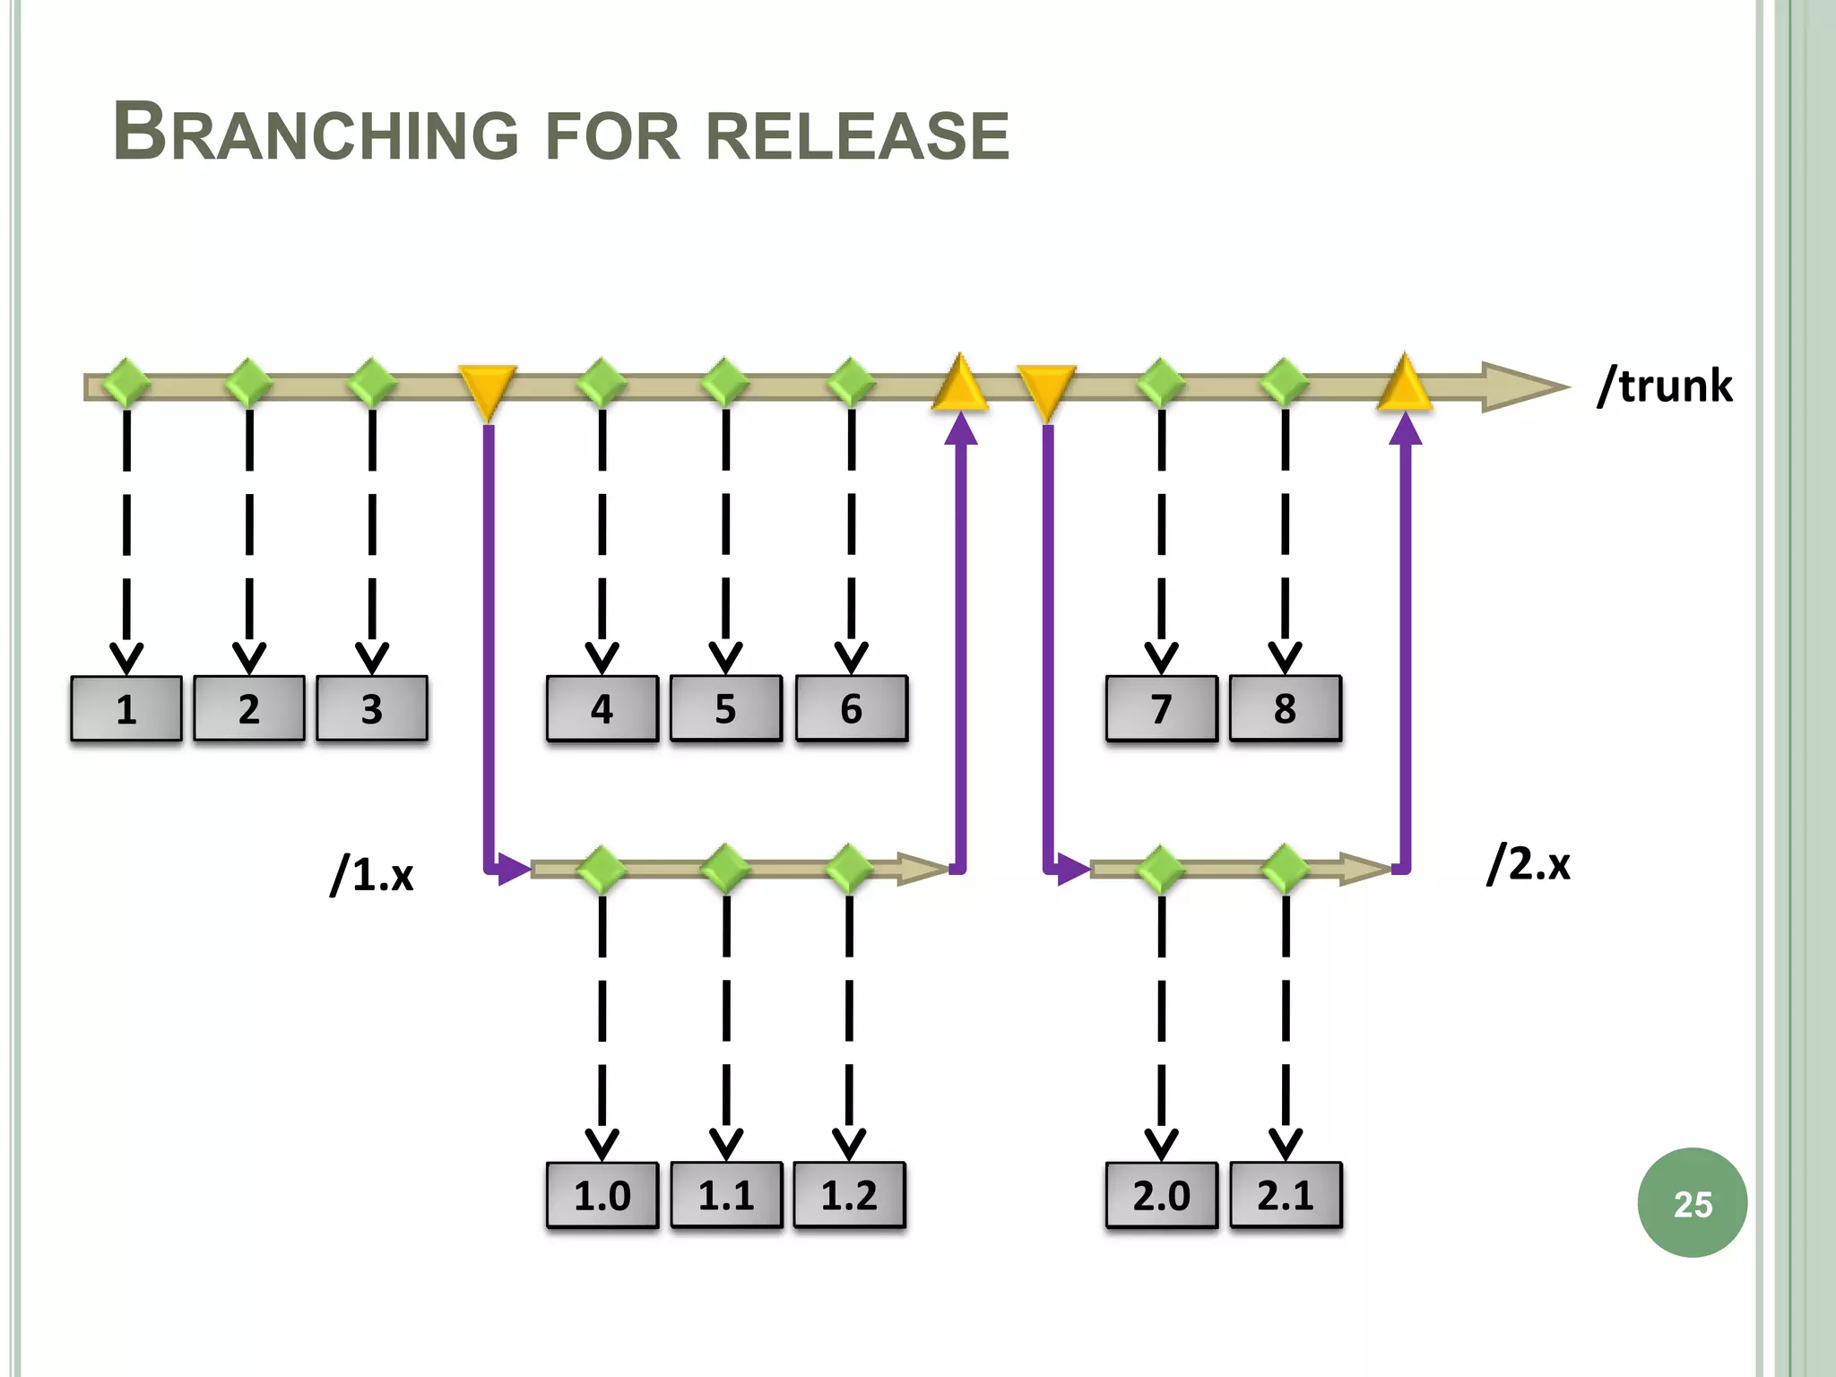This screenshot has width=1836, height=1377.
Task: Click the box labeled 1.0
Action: pos(602,1195)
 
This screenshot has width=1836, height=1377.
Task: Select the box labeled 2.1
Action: pos(1286,1195)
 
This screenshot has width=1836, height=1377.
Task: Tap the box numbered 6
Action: pos(851,708)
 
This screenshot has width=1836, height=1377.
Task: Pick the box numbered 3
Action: pos(372,708)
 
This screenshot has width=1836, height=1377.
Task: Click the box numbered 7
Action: pos(1162,708)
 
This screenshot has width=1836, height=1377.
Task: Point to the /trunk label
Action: pos(1665,385)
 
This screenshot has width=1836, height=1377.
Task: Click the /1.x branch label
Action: pos(372,873)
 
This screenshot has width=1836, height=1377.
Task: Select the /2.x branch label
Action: pos(1529,862)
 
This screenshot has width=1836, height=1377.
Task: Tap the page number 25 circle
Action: pos(1692,1203)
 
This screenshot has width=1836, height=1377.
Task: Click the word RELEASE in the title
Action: pos(857,136)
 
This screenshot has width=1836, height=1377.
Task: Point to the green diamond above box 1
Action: pos(126,383)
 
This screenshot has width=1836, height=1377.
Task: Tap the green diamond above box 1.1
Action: pos(725,868)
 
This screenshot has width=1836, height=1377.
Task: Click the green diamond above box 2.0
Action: pos(1161,869)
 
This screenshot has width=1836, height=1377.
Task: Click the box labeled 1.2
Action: pos(849,1195)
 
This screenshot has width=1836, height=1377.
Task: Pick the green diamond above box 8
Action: pos(1285,383)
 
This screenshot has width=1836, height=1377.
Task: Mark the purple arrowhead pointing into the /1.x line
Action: pos(512,869)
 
